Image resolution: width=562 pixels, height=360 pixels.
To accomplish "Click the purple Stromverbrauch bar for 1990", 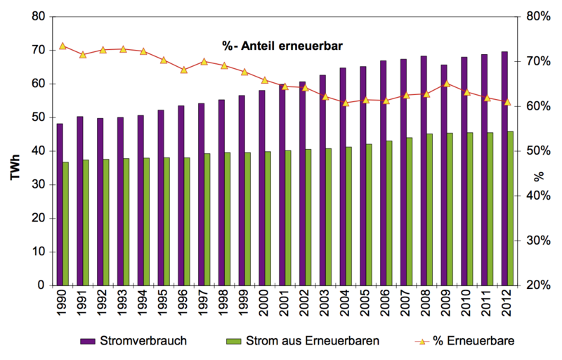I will [x=60, y=204].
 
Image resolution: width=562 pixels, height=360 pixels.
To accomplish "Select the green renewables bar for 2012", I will [x=510, y=208].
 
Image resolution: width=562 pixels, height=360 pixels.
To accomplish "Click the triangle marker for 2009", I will [x=447, y=84].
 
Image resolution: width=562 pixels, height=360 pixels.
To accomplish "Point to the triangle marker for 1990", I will [x=63, y=46].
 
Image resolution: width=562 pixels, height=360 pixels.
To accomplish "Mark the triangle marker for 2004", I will [x=346, y=103].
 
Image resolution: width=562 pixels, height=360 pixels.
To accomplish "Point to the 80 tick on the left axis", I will [x=39, y=16].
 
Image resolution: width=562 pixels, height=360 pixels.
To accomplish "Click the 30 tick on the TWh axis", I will [x=39, y=184].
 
